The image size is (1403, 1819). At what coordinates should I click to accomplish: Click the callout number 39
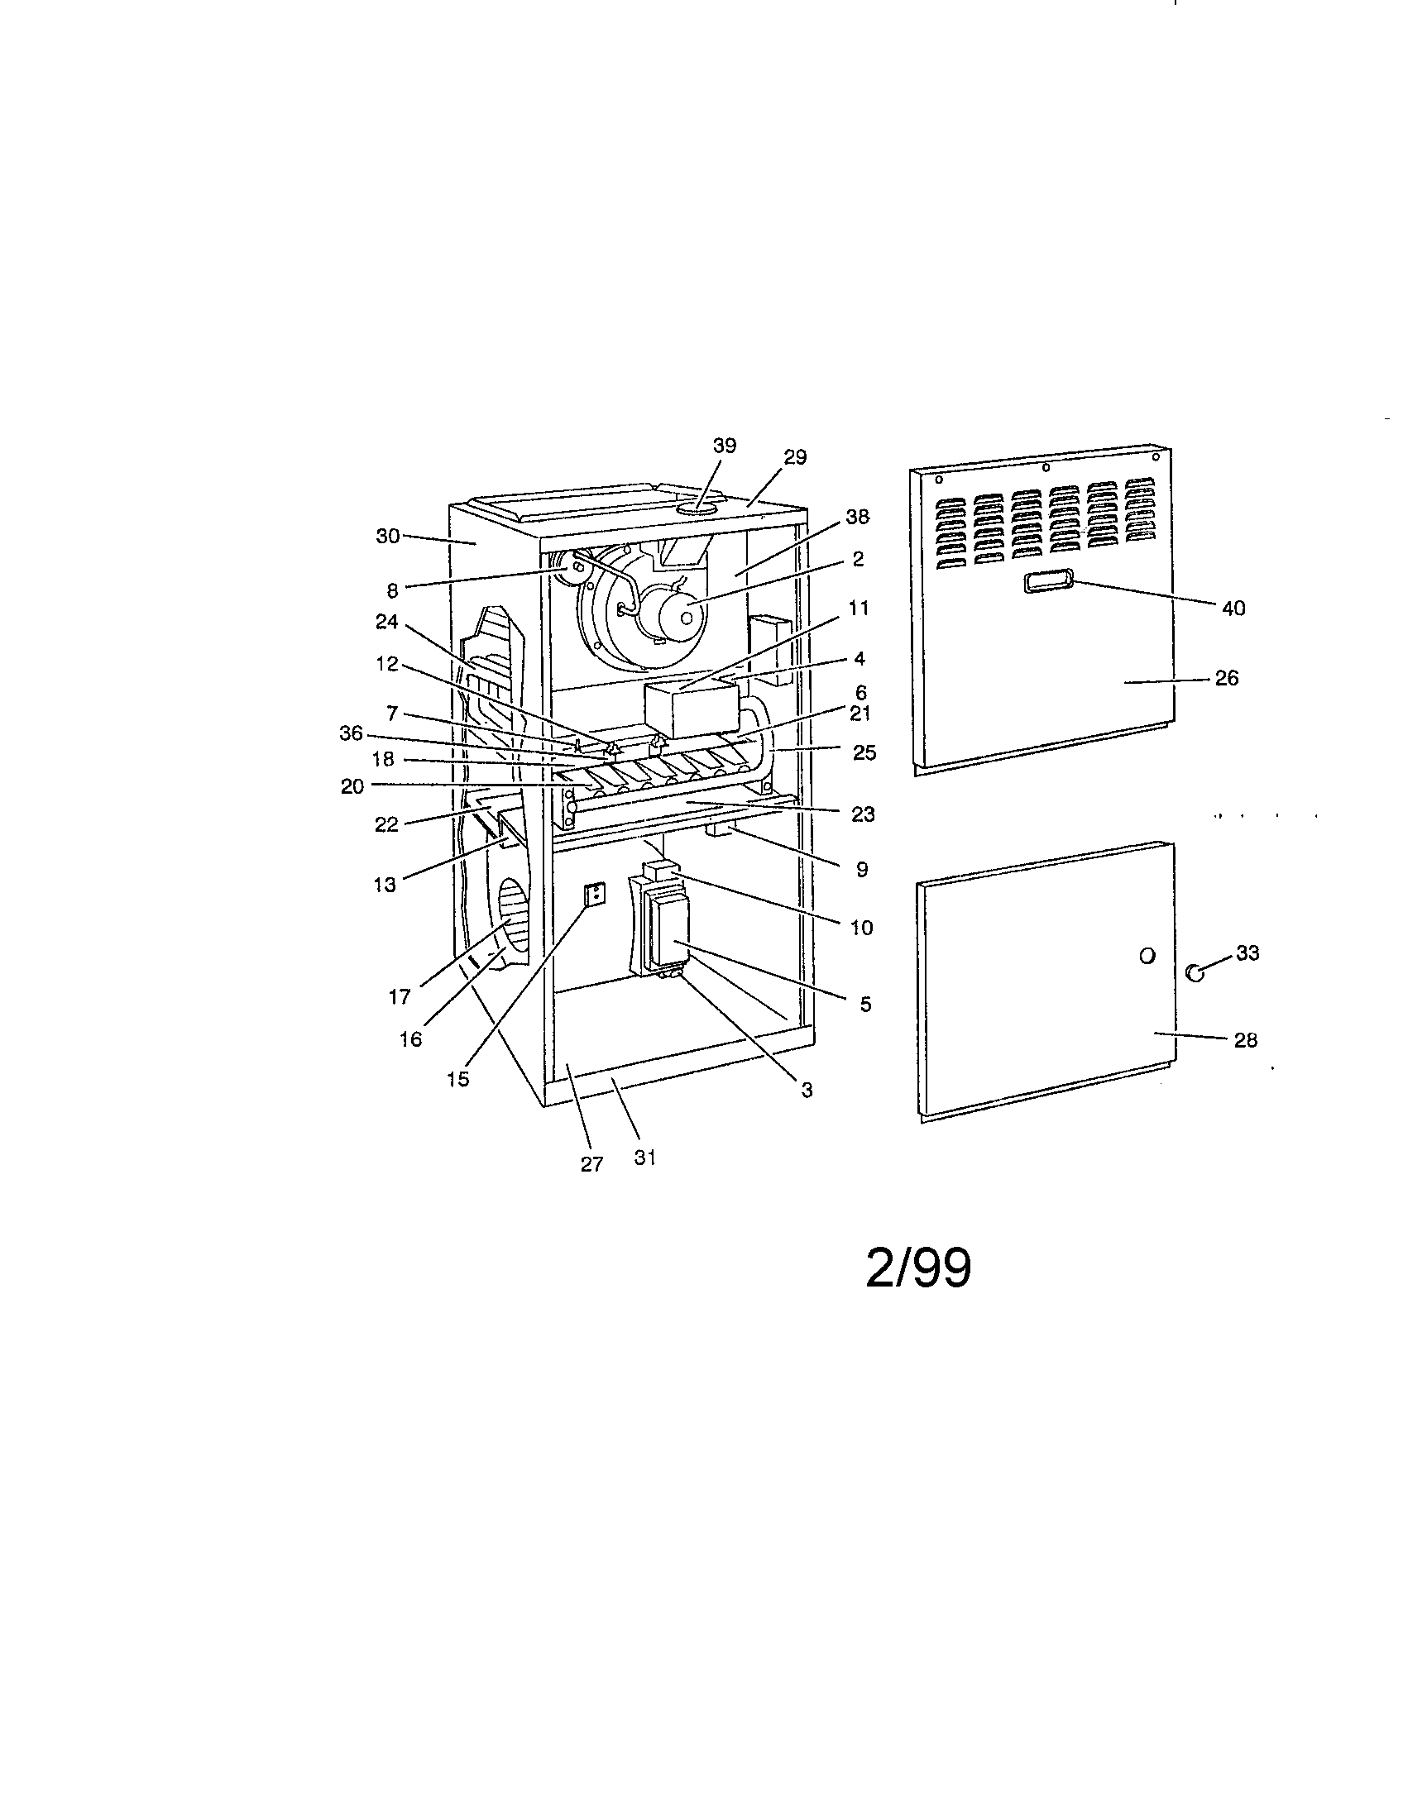(724, 446)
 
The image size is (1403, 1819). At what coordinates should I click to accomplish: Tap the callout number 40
(1233, 609)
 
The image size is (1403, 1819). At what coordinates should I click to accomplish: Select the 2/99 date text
(918, 1268)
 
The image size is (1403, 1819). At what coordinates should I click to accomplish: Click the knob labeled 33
(1195, 972)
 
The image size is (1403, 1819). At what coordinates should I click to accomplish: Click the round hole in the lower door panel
(1147, 955)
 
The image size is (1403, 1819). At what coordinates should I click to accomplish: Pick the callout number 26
(1226, 678)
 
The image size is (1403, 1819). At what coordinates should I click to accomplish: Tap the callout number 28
(1245, 1040)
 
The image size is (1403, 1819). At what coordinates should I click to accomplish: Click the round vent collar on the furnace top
(697, 507)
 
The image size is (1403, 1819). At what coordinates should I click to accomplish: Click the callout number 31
(645, 1157)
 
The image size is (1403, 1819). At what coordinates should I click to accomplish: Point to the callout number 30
(388, 537)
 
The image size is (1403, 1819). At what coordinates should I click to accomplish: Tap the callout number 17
(400, 996)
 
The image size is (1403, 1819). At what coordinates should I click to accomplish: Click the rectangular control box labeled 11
(692, 709)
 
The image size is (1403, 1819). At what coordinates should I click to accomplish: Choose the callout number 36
(352, 733)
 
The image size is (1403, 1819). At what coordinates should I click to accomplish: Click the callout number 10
(861, 928)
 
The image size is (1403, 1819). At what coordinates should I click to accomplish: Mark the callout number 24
(386, 623)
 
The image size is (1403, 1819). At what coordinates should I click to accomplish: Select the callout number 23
(863, 814)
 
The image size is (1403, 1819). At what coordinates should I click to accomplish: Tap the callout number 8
(392, 590)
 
